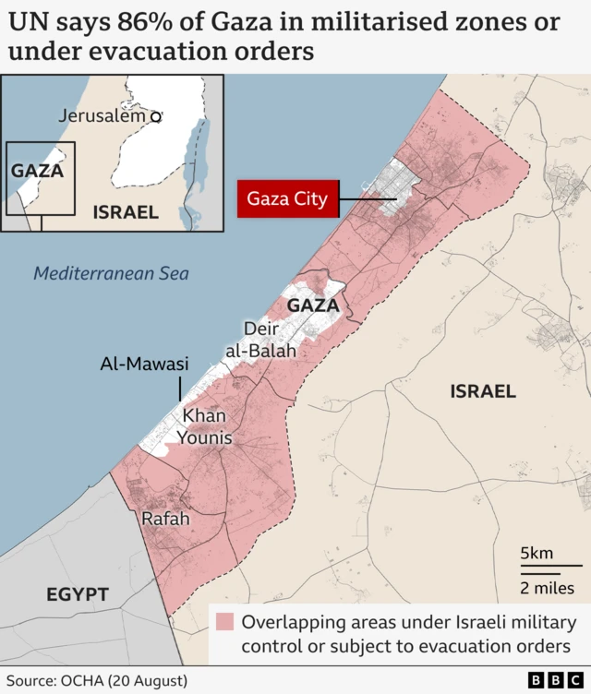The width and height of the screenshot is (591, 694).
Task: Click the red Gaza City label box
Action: coord(287,197)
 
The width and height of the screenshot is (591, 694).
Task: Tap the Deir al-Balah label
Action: coord(261,340)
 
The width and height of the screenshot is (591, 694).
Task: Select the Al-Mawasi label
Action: coord(144,365)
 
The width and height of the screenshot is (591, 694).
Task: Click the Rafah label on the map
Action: coord(165,520)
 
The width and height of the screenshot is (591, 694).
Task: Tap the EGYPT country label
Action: coord(78,595)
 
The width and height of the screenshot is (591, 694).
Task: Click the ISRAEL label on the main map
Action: coord(483,391)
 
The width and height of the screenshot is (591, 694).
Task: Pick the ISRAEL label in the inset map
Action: coord(126,212)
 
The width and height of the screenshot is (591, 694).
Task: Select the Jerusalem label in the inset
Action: coord(102,116)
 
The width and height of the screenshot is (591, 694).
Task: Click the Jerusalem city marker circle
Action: coord(156,116)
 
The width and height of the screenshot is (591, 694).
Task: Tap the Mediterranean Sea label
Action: coord(111,273)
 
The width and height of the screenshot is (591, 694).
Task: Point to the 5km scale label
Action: coord(537,554)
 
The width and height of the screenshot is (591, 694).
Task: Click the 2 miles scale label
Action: coord(547,588)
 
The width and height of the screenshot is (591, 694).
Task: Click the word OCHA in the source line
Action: coord(83,681)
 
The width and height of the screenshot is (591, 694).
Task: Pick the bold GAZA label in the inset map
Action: coord(37,171)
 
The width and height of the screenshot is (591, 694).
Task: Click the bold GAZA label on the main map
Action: coord(313,305)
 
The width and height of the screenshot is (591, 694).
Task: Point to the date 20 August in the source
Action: coord(148,681)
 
